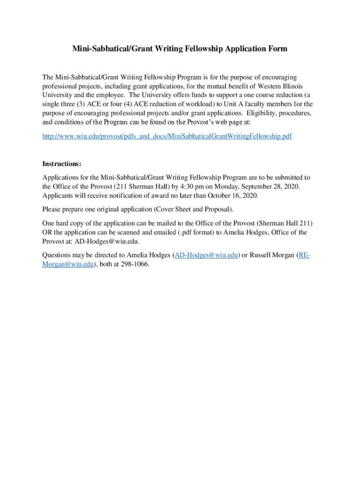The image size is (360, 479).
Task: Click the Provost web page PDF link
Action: point(167,137)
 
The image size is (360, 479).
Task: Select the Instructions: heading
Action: point(62,164)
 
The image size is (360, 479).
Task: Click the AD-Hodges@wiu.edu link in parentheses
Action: point(206,255)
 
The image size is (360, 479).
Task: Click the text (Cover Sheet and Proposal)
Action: point(194,209)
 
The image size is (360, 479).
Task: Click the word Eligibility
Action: point(260,113)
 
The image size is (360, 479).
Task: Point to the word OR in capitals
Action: point(48,232)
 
